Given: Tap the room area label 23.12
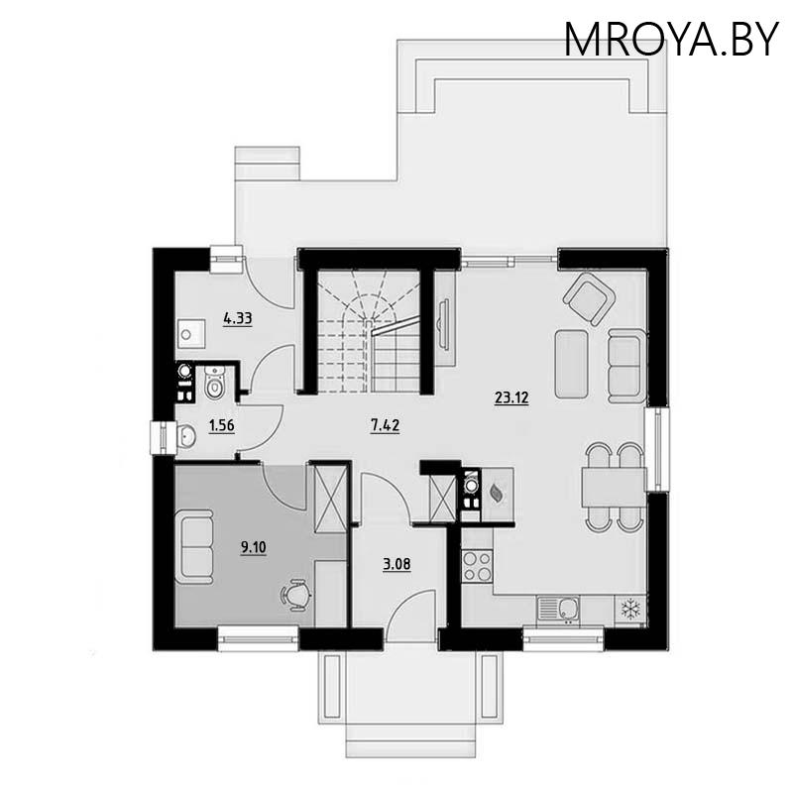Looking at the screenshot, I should (x=511, y=398).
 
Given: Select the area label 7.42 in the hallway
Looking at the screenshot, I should (x=385, y=427).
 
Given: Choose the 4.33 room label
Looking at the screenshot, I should (x=238, y=318).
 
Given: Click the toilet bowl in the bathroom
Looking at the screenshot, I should (x=217, y=384).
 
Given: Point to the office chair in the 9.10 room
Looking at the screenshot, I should (x=295, y=593).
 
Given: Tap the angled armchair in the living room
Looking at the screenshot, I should (x=589, y=297).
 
